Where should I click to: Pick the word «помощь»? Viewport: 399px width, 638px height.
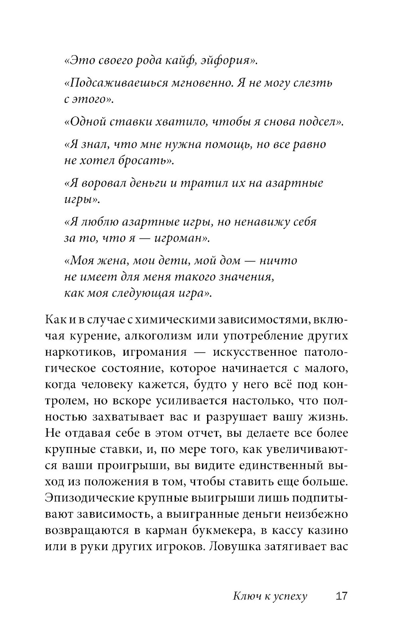pos(225,144)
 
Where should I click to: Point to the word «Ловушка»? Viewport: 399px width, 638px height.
pos(234,546)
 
